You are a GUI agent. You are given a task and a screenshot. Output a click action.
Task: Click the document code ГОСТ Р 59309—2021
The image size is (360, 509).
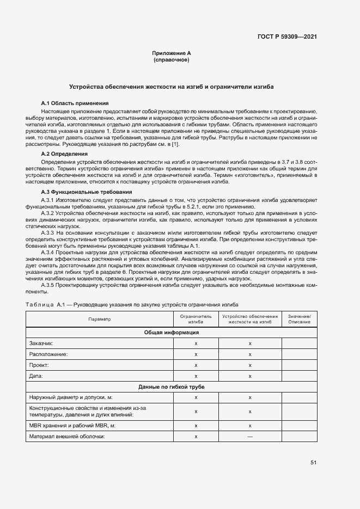pos(286,36)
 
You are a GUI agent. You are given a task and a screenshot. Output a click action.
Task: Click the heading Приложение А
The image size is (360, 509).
pos(172,53)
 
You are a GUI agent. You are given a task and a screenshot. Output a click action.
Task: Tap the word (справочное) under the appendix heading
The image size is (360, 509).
pos(172,60)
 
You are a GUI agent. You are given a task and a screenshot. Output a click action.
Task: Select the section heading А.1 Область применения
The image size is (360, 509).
pos(75,103)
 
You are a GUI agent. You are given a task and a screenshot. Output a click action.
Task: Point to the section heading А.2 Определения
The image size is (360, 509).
pos(65,154)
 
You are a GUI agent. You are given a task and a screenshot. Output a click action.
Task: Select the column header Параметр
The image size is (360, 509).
pos(100,319)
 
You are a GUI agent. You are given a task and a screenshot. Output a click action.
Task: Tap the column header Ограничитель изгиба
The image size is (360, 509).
pos(196,319)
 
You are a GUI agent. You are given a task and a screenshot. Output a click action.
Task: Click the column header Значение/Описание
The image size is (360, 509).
pos(299,319)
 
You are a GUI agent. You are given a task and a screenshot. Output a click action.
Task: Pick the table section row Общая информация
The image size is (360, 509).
pos(171,332)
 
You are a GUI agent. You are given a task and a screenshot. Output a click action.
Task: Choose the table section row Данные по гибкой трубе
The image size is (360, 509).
pos(171,387)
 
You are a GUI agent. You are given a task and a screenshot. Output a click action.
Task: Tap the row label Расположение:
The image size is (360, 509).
pos(48,354)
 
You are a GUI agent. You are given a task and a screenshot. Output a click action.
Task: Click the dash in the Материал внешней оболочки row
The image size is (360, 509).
pos(249,437)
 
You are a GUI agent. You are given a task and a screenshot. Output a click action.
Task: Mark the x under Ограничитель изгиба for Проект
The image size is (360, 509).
pos(196,365)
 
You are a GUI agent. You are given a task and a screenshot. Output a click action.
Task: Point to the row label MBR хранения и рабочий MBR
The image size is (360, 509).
pos(73,426)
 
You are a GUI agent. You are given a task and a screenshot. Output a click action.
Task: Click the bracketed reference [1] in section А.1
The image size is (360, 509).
pos(174,144)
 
